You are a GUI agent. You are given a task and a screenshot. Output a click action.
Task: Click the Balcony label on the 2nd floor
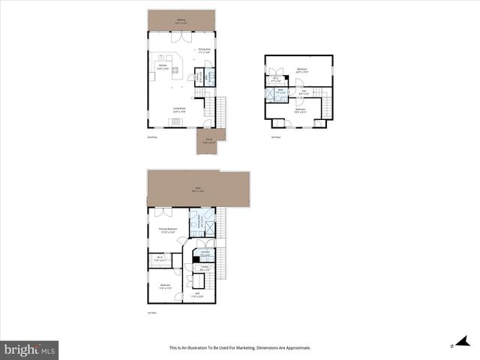tap(181, 20)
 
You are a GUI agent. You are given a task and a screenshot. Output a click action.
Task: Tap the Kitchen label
tap(161, 67)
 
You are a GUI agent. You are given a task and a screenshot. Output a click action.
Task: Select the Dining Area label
tap(204, 51)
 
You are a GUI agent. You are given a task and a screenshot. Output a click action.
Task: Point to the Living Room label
tap(180, 110)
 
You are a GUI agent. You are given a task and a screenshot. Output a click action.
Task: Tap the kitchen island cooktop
tap(175, 71)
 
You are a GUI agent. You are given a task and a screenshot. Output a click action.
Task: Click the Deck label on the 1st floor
tap(197, 188)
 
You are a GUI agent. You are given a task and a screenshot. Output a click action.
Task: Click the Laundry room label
tap(204, 253)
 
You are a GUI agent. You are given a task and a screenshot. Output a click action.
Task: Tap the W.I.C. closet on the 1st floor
tap(160, 259)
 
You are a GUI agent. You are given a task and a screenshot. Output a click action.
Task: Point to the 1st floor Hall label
tap(197, 295)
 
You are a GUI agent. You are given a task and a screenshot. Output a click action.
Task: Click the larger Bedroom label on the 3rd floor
tap(301, 70)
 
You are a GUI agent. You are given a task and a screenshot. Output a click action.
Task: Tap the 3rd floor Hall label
tap(303, 92)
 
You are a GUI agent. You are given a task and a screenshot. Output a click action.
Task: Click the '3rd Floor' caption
tap(275, 137)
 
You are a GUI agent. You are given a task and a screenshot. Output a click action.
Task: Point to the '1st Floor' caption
tap(151, 313)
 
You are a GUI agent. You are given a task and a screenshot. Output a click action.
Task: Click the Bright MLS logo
tap(30, 349)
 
